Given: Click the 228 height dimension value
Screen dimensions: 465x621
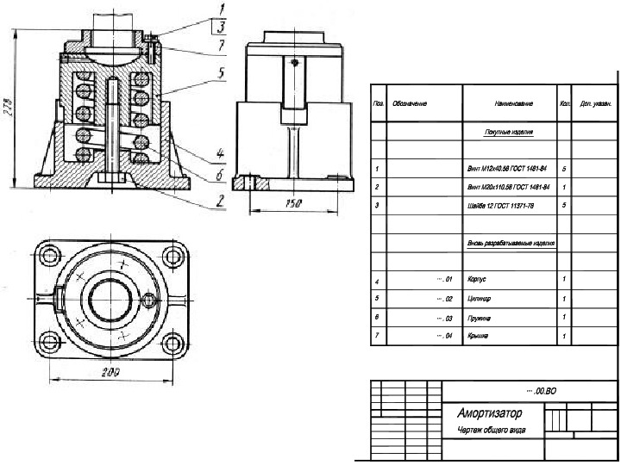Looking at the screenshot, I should [x=9, y=109].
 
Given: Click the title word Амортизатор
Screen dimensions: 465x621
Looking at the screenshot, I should [x=486, y=412].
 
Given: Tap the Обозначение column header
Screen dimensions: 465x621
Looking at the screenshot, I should [x=411, y=104].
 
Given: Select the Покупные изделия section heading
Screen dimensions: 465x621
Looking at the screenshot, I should [x=508, y=133].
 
